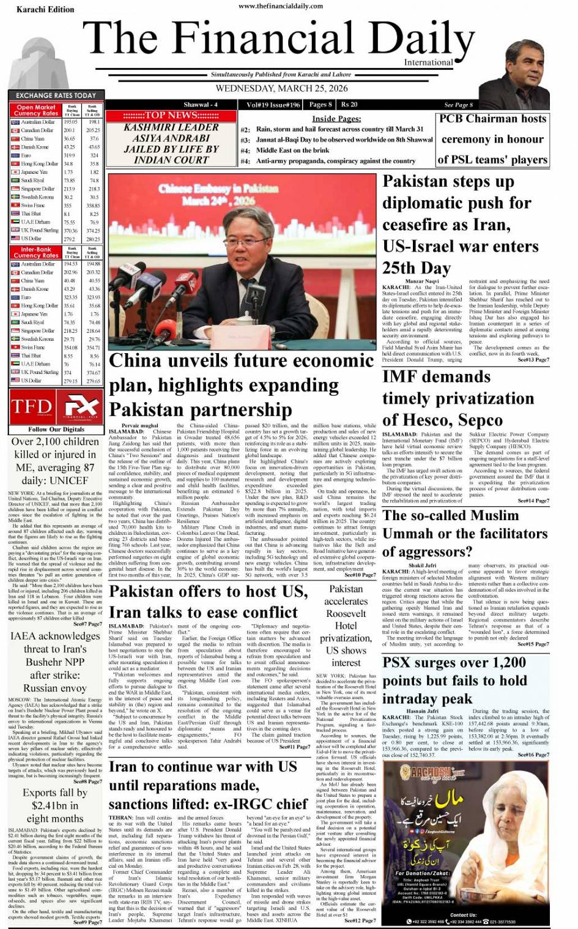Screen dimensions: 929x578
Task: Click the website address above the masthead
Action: point(281,6)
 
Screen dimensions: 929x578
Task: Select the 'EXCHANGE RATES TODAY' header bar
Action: point(56,95)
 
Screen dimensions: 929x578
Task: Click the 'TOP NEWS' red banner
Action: point(171,115)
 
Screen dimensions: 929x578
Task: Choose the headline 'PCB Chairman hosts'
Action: point(492,119)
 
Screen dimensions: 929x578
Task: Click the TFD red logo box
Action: point(31,406)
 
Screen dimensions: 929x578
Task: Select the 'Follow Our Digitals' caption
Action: point(56,430)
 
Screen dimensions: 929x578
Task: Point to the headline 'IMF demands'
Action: point(436,376)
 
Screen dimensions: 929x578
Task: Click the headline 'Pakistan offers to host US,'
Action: point(208,591)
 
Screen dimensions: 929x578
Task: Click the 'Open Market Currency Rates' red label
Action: point(35,110)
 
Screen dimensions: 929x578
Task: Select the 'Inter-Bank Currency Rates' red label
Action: point(35,253)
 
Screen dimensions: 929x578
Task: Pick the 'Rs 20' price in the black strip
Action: point(350,105)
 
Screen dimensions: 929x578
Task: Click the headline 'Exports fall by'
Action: point(55,793)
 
